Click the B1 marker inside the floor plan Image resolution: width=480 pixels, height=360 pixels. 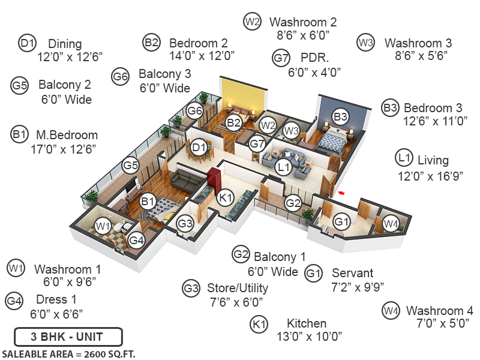148,202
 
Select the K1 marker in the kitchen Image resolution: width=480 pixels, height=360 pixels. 225,197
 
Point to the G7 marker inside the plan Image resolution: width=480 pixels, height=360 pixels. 257,144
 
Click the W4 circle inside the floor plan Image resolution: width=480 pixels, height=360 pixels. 391,224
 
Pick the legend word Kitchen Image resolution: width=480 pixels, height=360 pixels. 307,323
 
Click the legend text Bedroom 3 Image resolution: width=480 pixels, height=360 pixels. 433,108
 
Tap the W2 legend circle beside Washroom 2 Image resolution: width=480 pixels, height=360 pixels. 252,22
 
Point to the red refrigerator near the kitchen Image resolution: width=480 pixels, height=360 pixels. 215,179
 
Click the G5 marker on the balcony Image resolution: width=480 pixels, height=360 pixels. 131,164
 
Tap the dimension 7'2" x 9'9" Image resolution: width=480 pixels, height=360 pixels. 358,286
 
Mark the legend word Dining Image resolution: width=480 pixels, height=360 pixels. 65,44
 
